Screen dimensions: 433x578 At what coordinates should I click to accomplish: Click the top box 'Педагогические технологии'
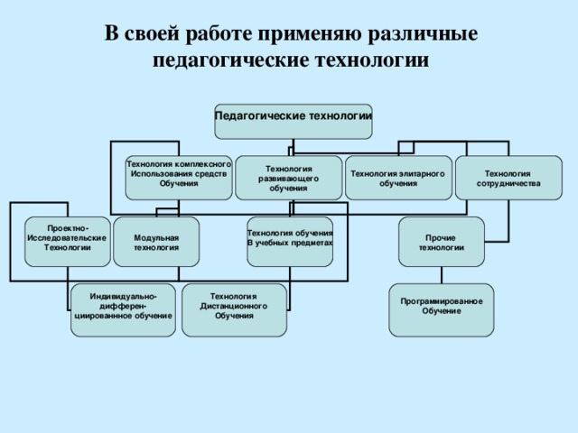tap(293, 121)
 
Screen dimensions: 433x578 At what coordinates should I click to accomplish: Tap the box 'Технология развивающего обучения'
tap(288, 177)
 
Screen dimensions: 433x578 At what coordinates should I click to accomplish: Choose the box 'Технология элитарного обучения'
tap(398, 177)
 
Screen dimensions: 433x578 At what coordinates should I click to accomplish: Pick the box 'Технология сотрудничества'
tap(508, 177)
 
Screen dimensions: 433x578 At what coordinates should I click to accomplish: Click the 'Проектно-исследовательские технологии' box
tap(68, 241)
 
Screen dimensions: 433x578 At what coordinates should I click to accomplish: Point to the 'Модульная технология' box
tap(156, 241)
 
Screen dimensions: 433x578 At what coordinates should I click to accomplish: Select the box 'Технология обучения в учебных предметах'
tap(289, 241)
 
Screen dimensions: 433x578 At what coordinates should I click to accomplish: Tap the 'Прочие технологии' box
tap(441, 241)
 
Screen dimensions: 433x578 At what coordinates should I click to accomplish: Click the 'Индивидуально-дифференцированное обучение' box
tap(124, 309)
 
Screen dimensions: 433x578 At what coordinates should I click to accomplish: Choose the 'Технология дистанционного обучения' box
tap(234, 309)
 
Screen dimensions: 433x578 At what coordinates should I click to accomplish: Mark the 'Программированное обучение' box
tap(441, 309)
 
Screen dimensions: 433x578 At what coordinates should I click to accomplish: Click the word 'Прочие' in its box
tap(441, 237)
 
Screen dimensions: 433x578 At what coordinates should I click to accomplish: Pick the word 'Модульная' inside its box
tap(156, 236)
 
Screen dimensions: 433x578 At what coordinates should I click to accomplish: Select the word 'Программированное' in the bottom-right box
tap(441, 300)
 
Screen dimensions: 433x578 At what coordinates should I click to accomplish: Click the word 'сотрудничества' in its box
tap(508, 183)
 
